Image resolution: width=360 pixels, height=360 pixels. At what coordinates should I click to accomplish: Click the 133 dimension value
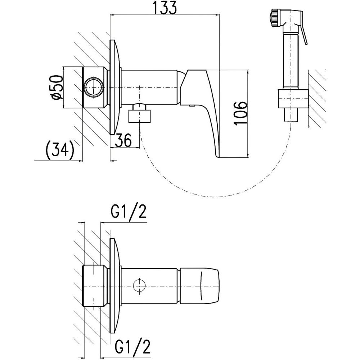pyautogui.click(x=165, y=8)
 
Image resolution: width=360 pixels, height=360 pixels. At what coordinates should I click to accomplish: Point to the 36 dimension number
pyautogui.click(x=123, y=140)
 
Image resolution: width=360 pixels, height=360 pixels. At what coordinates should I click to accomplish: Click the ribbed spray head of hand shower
pyautogui.click(x=275, y=18)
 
